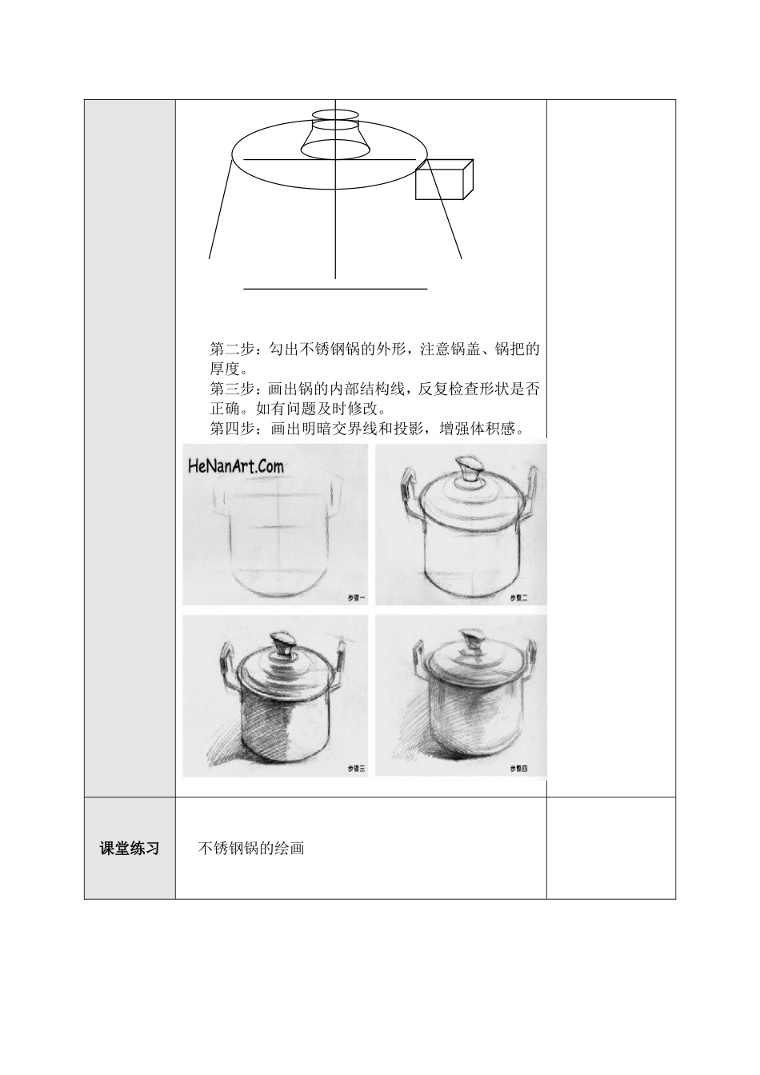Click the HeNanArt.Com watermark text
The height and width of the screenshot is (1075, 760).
(x=236, y=466)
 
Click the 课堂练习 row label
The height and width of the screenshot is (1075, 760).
(x=129, y=849)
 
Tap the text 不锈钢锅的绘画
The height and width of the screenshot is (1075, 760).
(x=251, y=848)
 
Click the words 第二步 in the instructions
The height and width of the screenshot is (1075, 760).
(x=231, y=350)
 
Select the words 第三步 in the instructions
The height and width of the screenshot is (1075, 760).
(x=231, y=390)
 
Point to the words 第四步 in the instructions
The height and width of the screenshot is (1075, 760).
(x=231, y=430)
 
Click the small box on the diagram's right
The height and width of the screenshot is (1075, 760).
(x=443, y=180)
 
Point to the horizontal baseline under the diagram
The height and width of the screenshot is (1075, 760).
(x=335, y=287)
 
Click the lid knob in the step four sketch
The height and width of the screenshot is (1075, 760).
(x=471, y=643)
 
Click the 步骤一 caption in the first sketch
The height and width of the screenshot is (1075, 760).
(x=356, y=597)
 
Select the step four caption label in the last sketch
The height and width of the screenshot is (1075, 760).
(x=518, y=768)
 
